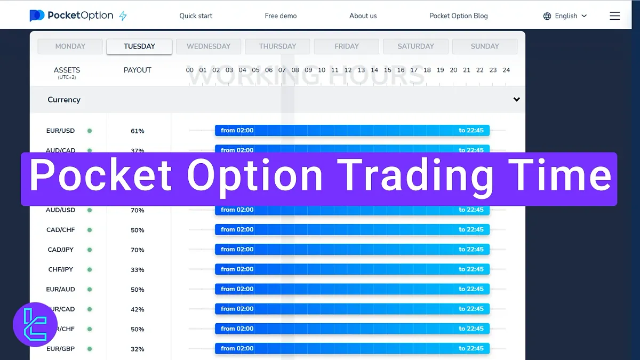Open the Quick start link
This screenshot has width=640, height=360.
196,16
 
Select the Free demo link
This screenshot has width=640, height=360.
281,16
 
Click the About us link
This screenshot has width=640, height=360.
363,16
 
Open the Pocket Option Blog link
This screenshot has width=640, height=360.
458,16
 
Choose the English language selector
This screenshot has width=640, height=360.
565,16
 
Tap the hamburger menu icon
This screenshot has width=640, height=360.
614,16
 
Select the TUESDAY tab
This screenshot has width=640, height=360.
139,46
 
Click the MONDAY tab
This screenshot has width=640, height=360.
70,46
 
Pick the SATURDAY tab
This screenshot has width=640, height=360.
415,46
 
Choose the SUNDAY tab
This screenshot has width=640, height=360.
484,46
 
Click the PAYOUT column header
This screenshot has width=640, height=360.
138,70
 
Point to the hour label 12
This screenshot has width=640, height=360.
348,70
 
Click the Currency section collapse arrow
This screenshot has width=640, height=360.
516,100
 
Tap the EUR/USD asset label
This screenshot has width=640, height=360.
60,131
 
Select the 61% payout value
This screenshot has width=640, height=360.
138,131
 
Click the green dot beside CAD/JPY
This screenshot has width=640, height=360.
90,250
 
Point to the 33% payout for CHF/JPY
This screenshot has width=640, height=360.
138,270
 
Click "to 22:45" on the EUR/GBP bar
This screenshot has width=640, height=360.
471,349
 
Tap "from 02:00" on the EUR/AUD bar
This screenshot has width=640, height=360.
237,289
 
